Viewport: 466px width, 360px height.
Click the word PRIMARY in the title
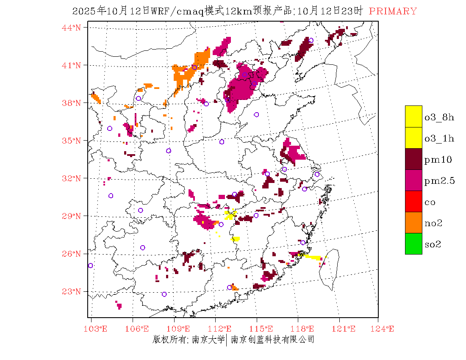(x=393, y=11)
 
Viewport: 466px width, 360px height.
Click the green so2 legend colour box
(x=413, y=244)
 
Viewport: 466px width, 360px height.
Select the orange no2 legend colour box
(x=413, y=222)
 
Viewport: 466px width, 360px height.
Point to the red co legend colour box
(x=413, y=201)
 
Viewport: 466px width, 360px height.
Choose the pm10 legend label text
(x=438, y=160)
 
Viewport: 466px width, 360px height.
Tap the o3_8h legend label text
(x=439, y=117)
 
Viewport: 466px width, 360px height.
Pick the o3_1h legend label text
(x=439, y=138)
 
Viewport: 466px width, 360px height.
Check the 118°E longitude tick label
(x=304, y=329)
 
